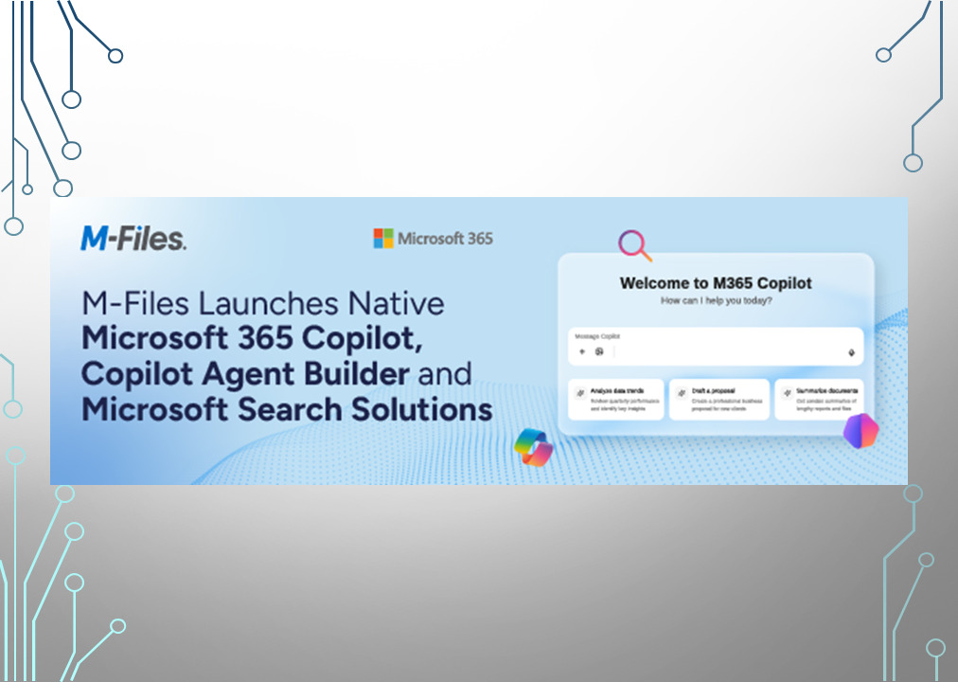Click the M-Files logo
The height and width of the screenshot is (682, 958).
pos(133,238)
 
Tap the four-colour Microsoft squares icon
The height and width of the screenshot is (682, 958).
pos(382,238)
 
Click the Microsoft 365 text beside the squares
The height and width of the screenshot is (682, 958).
pos(445,238)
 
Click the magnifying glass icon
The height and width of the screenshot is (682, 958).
pos(634,245)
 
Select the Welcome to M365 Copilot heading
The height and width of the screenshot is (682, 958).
pos(716,282)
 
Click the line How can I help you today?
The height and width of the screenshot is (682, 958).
pos(716,300)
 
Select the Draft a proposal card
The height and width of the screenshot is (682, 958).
pos(718,400)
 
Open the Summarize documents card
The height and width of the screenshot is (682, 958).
pos(820,400)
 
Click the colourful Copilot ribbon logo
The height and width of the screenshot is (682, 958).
pos(533,446)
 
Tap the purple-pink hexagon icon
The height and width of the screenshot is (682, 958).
pos(860,432)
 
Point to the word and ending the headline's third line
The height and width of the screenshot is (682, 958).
pos(445,372)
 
